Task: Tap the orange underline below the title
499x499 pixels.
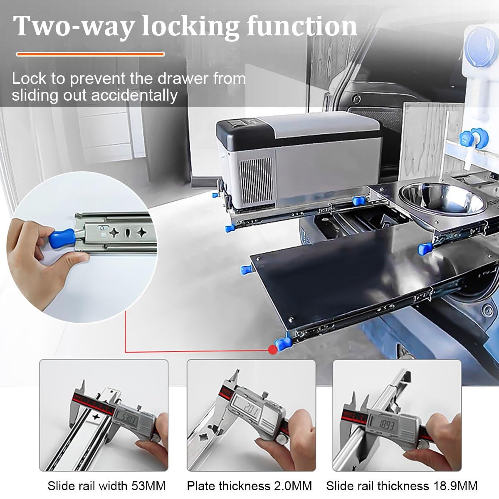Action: pos(90,54)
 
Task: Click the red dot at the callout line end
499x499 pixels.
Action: pos(273,350)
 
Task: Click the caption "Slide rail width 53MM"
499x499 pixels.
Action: pos(106,486)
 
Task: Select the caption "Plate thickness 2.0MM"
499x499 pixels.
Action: pos(249,486)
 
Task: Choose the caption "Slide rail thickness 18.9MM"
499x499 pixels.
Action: pos(402,486)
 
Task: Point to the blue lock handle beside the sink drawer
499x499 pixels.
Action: pos(425,250)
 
